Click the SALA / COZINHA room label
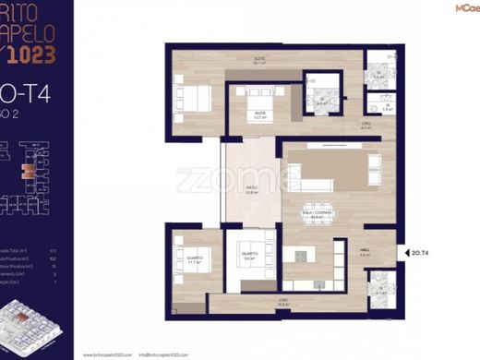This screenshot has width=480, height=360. (x=318, y=215)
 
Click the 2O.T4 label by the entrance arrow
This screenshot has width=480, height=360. (x=420, y=250)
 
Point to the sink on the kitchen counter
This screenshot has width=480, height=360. (x=314, y=284)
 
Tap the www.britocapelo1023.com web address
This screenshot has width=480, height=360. (x=115, y=352)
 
